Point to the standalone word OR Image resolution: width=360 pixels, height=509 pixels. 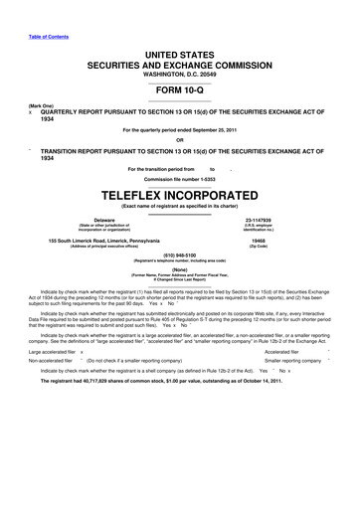[x=179, y=138]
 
